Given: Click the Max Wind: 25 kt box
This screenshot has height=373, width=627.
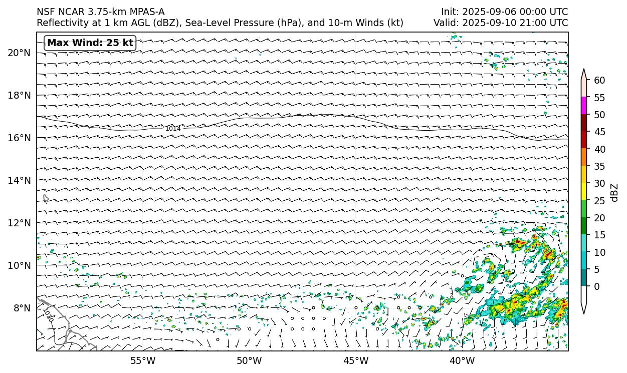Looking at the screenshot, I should click(90, 43).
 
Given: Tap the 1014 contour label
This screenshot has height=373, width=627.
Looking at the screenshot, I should click(173, 129).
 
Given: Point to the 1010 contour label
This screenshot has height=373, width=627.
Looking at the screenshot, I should click(49, 314).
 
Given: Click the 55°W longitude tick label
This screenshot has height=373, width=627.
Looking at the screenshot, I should click(143, 360).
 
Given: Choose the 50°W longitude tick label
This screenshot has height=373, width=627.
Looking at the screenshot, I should click(249, 360).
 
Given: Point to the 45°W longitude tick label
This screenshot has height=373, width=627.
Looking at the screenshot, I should click(356, 360).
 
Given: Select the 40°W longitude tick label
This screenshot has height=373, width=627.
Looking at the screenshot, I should click(462, 360).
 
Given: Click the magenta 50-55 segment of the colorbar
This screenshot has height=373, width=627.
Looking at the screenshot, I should click(583, 106).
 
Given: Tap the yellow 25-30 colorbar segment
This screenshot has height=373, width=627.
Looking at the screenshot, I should click(583, 192).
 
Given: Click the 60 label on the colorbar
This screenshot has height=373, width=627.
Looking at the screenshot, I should click(599, 80).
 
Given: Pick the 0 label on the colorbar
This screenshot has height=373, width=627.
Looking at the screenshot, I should click(596, 286).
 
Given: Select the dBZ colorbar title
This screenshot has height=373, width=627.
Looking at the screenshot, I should click(615, 192).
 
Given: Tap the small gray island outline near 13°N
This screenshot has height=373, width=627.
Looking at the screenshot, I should click(46, 198).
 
